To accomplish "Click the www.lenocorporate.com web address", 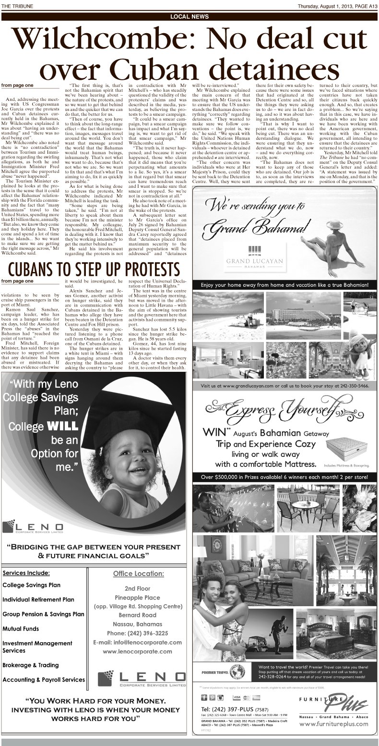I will click(x=137, y=652).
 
